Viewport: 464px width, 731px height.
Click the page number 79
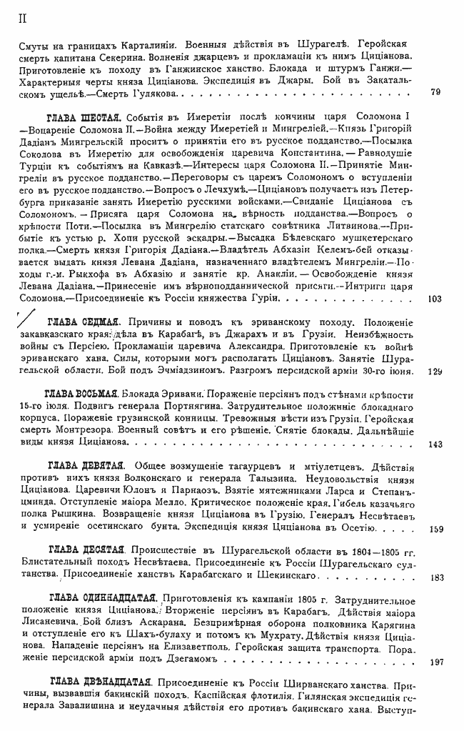click(x=436, y=92)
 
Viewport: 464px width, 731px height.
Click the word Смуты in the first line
click(x=36, y=43)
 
